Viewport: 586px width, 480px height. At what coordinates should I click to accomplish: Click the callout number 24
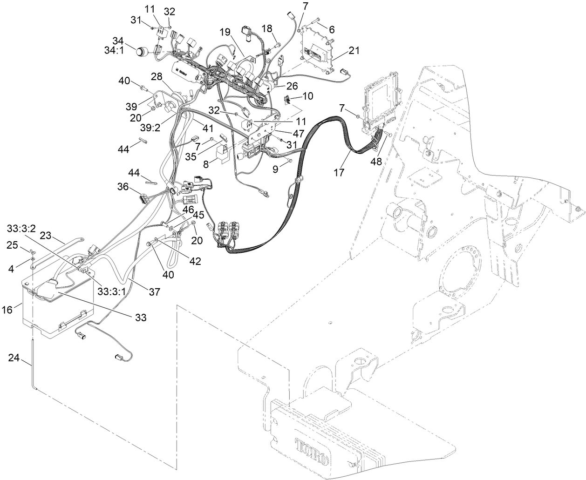(14, 358)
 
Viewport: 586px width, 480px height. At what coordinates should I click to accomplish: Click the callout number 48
(376, 162)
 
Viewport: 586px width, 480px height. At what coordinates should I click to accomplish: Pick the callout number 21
(354, 51)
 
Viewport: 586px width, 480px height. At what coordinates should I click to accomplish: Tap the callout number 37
(154, 292)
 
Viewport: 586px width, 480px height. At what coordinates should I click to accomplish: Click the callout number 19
(225, 32)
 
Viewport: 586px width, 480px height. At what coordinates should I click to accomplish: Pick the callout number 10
(307, 96)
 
